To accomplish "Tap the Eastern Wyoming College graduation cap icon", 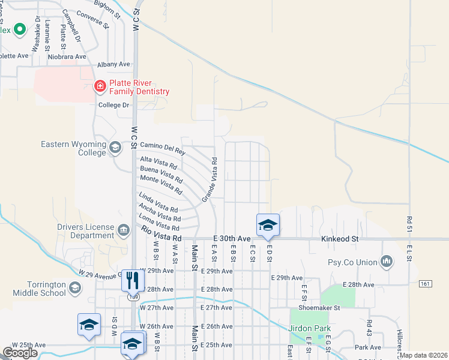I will (115, 147).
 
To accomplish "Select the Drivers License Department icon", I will (123, 230).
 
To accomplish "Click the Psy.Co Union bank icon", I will (387, 262).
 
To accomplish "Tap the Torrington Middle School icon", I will (74, 288).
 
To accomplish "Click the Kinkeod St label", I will (338, 239).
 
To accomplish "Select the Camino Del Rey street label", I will (163, 148).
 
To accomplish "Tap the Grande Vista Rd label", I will (210, 179).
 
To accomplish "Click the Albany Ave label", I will (114, 64).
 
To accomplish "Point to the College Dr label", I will (114, 105).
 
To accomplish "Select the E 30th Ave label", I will (234, 238).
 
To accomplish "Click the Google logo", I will (20, 353).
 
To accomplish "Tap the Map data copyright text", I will (424, 355).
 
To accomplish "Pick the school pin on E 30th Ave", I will (268, 225).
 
